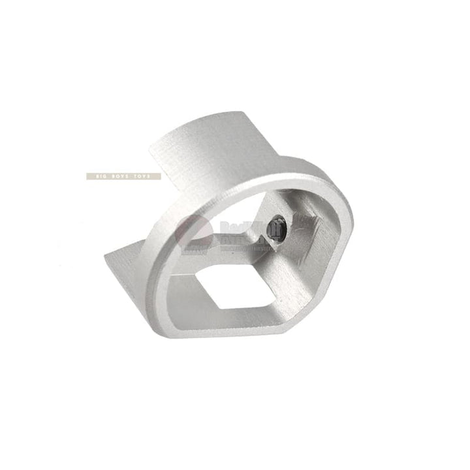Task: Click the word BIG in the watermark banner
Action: click(x=101, y=176)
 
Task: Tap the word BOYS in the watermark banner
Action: click(x=121, y=176)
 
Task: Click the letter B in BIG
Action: click(x=95, y=176)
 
